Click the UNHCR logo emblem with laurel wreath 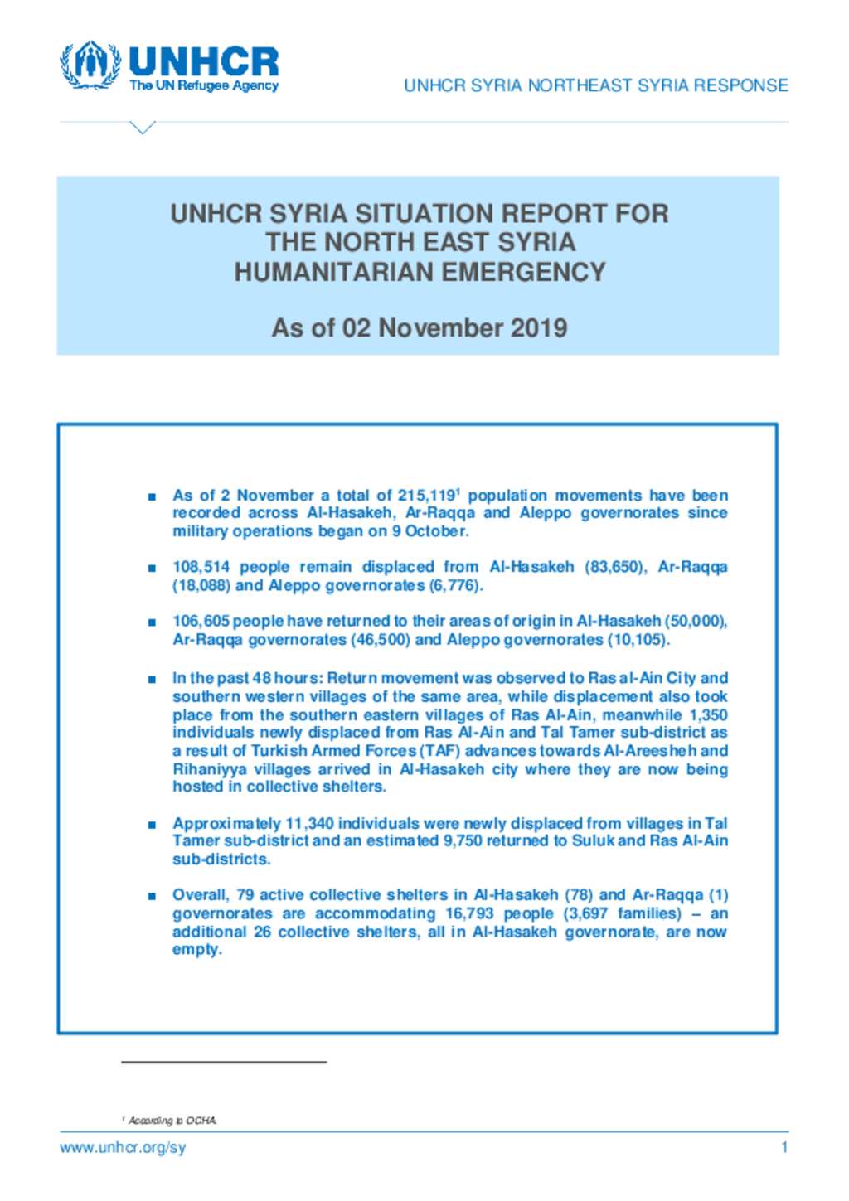[90, 65]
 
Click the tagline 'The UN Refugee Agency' [204, 85]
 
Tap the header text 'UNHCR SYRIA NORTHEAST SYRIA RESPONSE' [595, 85]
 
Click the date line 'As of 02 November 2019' [419, 327]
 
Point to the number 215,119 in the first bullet [425, 496]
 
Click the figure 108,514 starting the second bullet [200, 567]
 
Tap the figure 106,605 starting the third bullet [200, 621]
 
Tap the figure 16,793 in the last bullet [469, 913]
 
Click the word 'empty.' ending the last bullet [196, 949]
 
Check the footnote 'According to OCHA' [172, 1121]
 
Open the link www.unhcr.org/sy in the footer [123, 1148]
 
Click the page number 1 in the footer [784, 1148]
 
